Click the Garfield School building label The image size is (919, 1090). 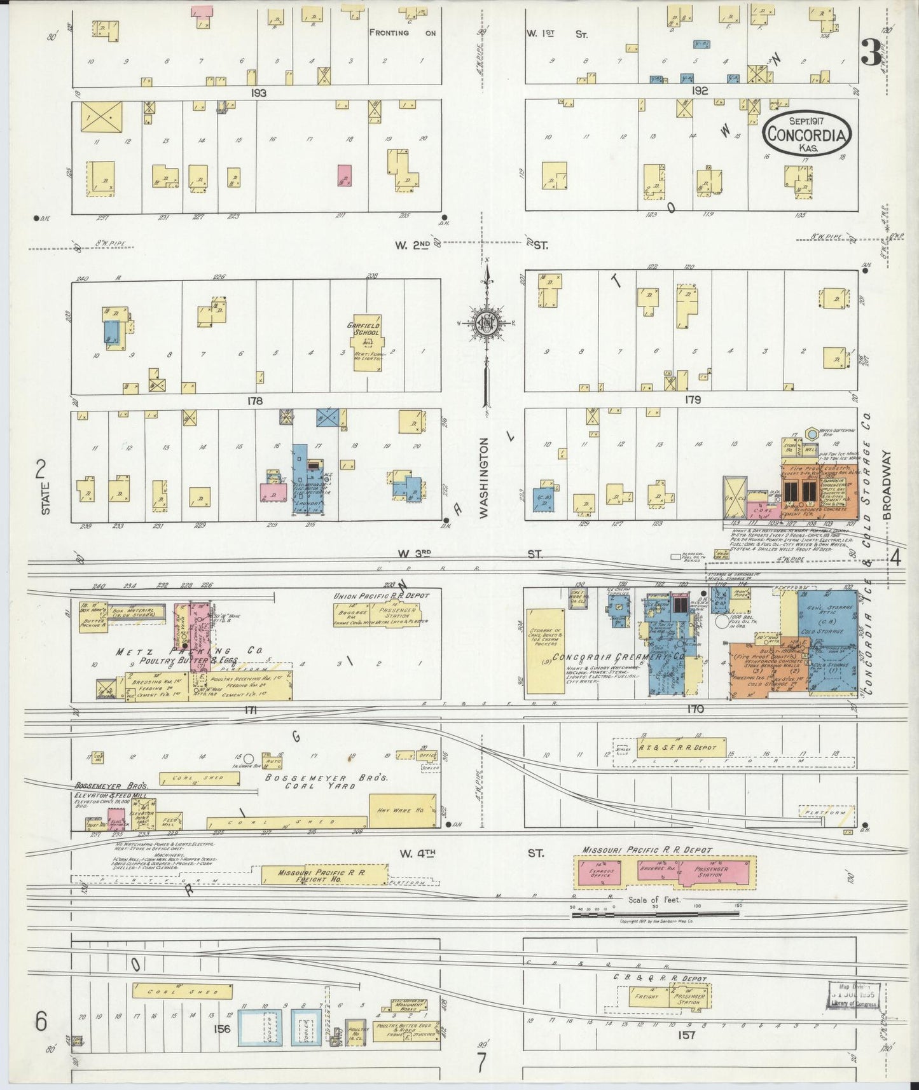point(363,329)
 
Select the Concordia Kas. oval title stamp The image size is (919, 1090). point(807,134)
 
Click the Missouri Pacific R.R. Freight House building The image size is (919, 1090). point(324,874)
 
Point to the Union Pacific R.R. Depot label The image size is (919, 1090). point(382,596)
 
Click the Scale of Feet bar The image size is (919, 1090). point(655,914)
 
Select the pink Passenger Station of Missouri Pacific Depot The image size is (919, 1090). point(712,872)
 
